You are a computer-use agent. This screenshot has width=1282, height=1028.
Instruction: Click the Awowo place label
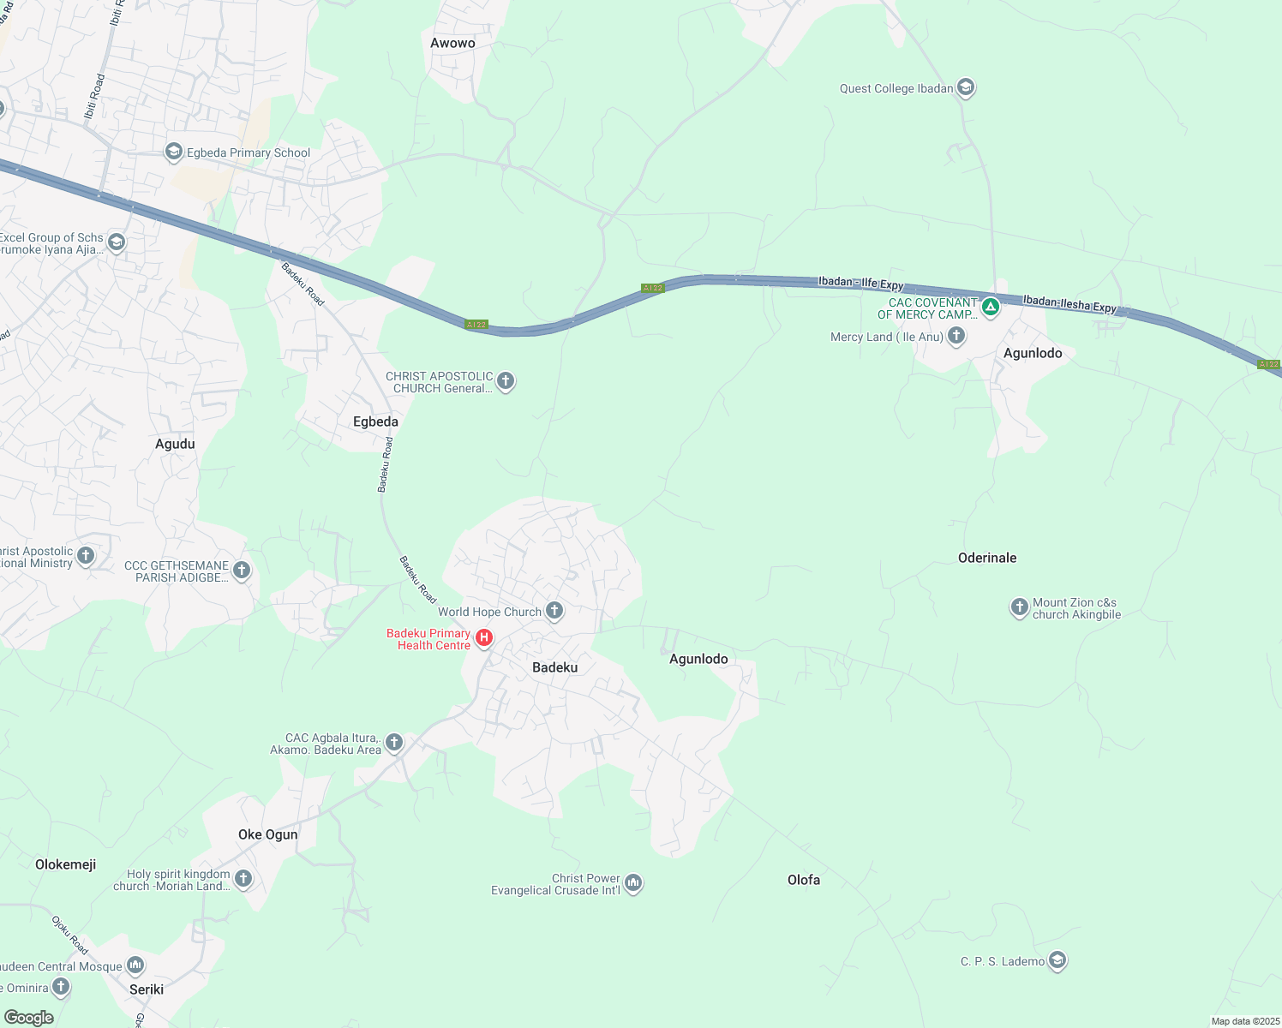(452, 43)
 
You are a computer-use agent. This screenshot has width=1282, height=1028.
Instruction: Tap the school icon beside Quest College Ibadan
(966, 87)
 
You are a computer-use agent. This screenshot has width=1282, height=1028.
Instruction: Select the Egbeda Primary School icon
(174, 152)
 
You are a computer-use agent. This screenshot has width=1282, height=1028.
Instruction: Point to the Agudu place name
(175, 444)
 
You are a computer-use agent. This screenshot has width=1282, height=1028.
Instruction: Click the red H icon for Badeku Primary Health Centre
(484, 637)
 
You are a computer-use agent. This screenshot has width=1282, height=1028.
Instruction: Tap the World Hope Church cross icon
(554, 611)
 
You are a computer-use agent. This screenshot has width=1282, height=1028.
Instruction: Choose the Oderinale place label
(987, 558)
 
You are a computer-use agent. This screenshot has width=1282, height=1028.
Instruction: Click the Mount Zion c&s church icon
(1019, 607)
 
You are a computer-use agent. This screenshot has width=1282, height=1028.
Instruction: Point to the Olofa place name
(804, 880)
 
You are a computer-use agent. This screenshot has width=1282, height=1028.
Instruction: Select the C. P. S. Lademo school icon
(1057, 960)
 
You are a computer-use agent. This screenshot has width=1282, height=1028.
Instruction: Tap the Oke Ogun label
(268, 834)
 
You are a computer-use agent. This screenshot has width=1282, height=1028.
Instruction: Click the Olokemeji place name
(65, 864)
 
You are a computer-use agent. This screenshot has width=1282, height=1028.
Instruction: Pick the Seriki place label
(147, 989)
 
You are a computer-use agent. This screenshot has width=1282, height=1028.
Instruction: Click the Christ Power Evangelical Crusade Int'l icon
(633, 882)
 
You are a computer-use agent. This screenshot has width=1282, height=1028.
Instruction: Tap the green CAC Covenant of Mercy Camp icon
(991, 306)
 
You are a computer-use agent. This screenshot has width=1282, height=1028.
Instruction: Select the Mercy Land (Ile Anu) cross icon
(956, 336)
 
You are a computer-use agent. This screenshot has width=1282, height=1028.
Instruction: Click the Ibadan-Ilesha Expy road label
(1069, 304)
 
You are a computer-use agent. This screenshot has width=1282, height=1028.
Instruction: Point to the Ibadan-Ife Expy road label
(860, 283)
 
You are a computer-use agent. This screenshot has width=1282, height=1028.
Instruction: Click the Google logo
(29, 1018)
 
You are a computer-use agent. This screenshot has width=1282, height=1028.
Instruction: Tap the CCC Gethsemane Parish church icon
(243, 570)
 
